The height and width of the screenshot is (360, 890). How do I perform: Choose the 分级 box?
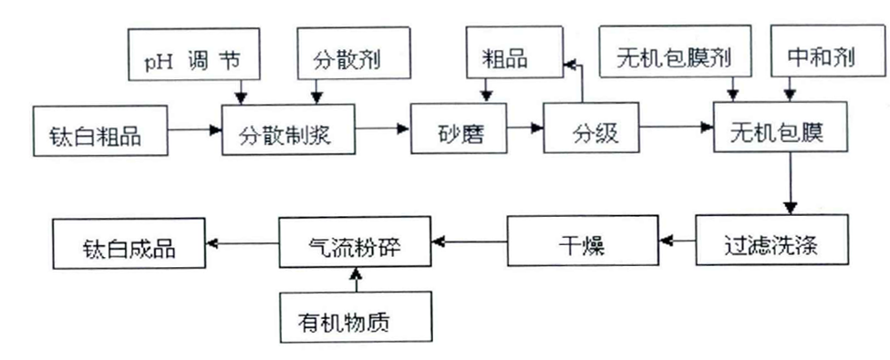[596, 133]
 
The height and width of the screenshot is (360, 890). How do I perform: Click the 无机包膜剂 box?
[675, 59]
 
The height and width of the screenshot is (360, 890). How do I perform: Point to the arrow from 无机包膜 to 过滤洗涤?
[791, 182]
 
